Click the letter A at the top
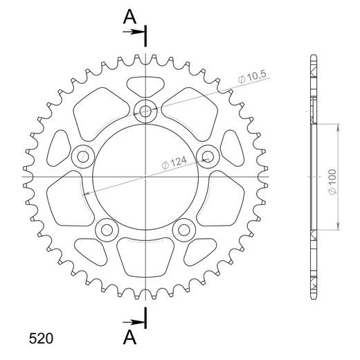(129, 17)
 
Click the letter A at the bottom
(129, 336)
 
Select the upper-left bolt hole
(83, 155)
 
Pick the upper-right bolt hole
(208, 155)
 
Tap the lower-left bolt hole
(107, 228)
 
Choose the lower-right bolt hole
(184, 228)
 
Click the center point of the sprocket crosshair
(145, 177)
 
